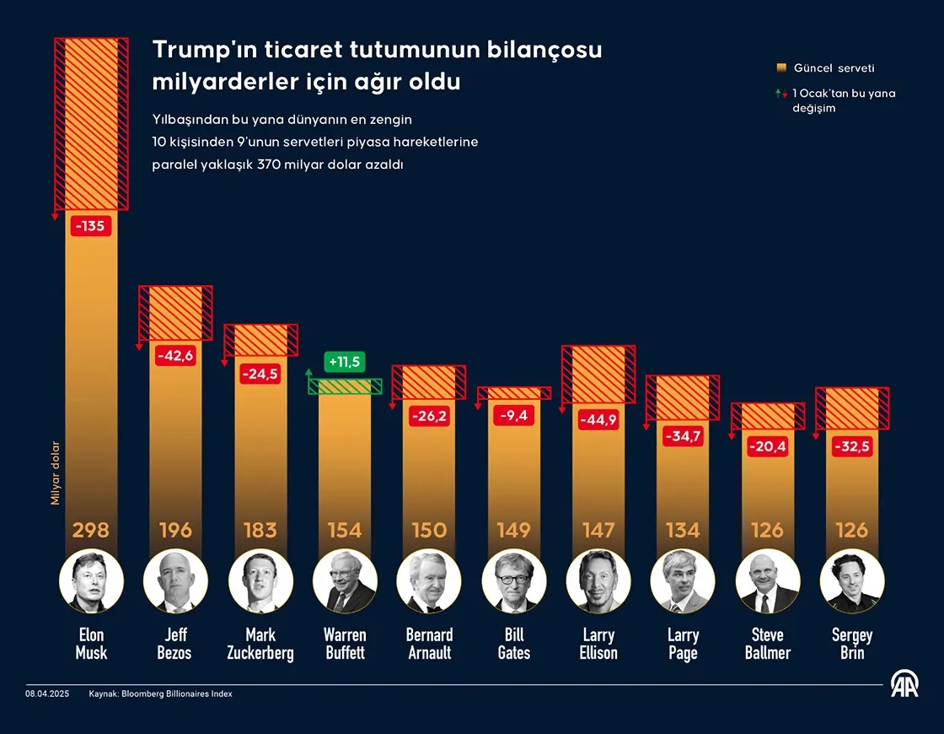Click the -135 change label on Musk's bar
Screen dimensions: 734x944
click(x=91, y=226)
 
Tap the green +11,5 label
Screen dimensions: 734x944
click(x=344, y=362)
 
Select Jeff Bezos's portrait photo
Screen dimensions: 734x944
click(x=175, y=581)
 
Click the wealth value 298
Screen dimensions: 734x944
click(x=91, y=530)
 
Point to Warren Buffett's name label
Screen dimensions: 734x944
click(x=345, y=644)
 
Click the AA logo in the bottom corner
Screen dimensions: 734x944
click(x=904, y=684)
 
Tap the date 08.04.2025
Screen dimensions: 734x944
click(x=48, y=694)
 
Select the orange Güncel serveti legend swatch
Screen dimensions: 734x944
click(x=780, y=67)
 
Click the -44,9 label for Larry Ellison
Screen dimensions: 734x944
click(x=598, y=419)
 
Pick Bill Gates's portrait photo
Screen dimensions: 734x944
click(x=514, y=581)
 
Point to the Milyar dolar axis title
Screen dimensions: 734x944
click(x=56, y=473)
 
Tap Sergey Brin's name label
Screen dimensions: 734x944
click(x=852, y=644)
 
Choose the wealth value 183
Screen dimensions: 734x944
click(x=260, y=530)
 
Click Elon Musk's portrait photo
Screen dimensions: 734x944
click(x=91, y=581)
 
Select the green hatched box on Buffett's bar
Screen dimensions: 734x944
click(x=345, y=386)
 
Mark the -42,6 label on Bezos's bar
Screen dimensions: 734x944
click(x=175, y=355)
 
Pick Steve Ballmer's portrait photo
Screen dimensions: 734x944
click(x=768, y=581)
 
